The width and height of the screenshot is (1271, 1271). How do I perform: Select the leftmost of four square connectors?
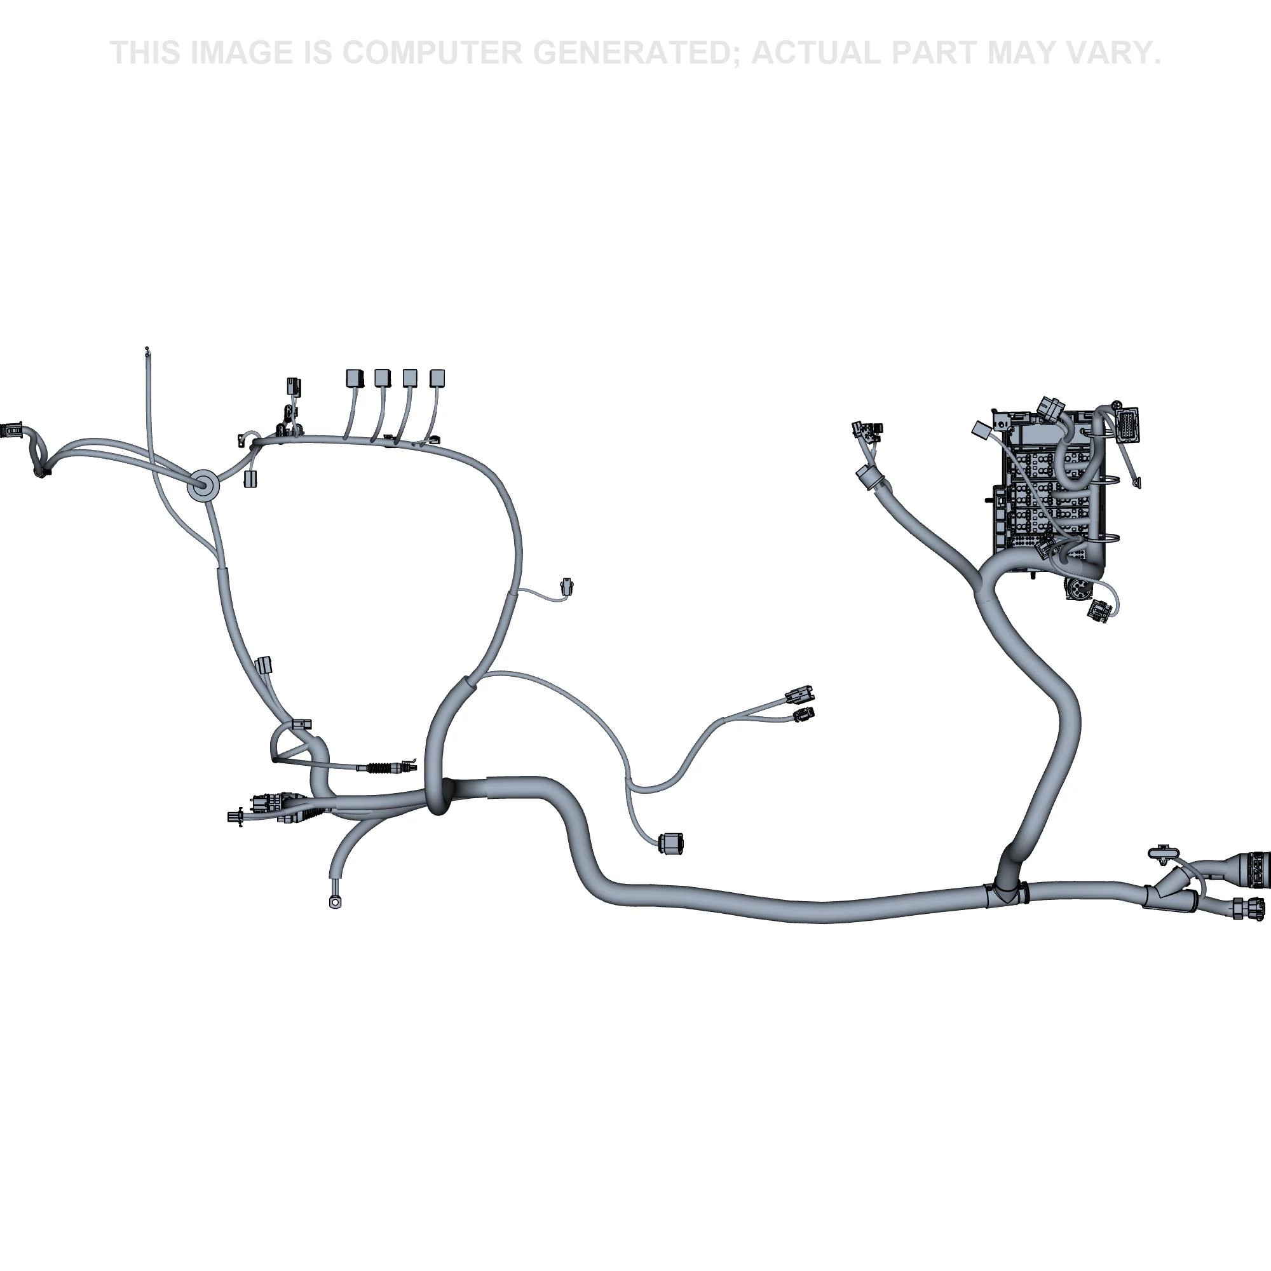pyautogui.click(x=355, y=377)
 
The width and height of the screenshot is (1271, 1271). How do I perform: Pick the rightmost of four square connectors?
pyautogui.click(x=438, y=377)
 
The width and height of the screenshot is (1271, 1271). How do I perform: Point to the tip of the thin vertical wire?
pyautogui.click(x=147, y=348)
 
